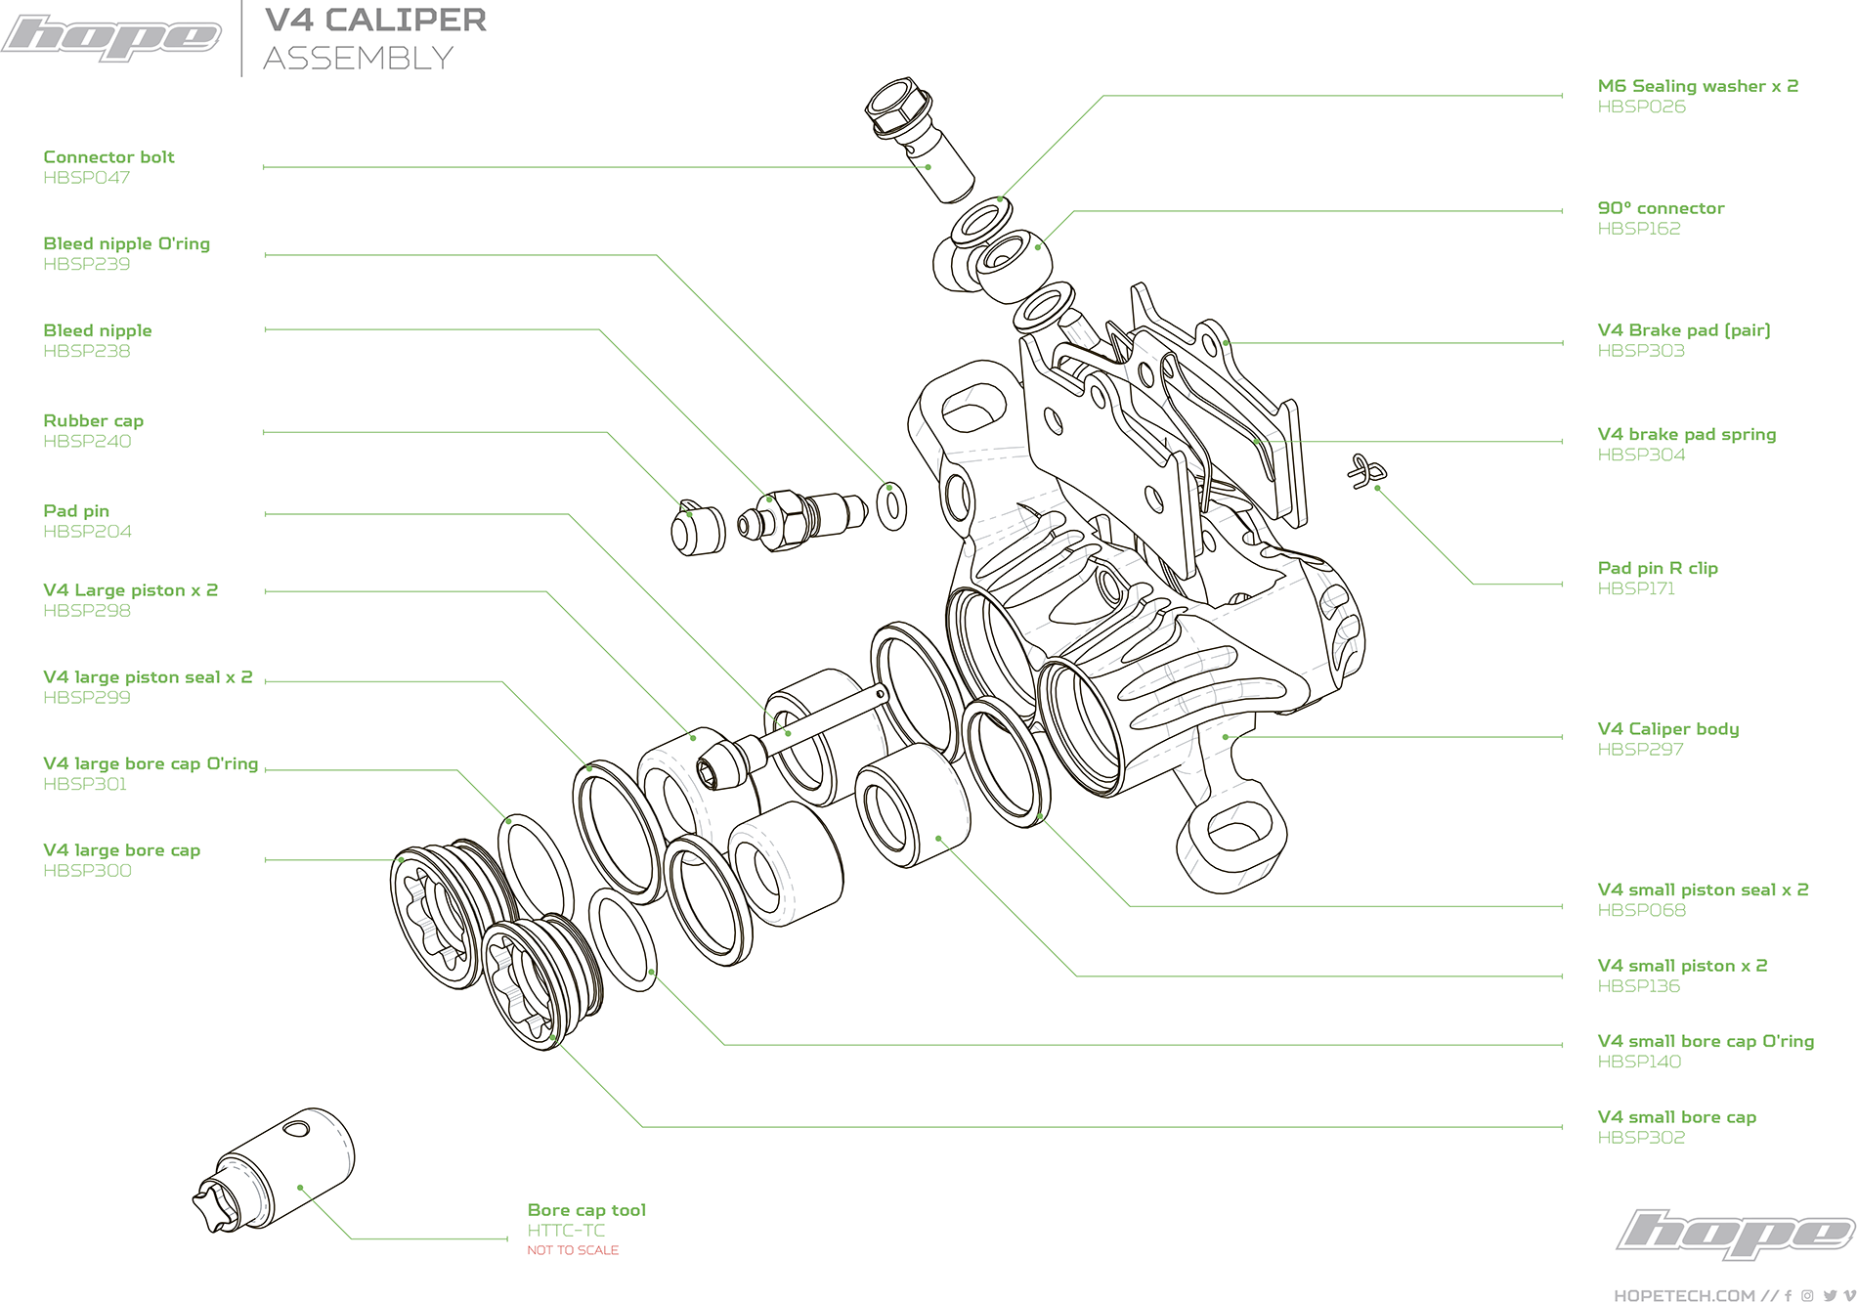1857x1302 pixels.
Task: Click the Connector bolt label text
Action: [108, 157]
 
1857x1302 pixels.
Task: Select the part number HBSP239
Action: [86, 264]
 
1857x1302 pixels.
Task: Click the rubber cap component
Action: [697, 529]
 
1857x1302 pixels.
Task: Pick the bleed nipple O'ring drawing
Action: [891, 505]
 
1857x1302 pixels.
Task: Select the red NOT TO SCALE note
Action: [573, 1250]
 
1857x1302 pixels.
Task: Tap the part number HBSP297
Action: [1640, 750]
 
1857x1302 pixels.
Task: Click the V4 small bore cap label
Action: [1676, 1117]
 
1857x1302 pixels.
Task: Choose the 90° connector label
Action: [1661, 208]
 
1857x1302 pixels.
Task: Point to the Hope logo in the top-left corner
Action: [110, 37]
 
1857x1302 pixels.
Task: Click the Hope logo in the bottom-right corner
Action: [1735, 1233]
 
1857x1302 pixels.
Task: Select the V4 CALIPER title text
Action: [375, 20]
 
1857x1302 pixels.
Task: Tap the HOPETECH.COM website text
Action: [1684, 1295]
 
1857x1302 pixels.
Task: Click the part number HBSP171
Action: [1636, 588]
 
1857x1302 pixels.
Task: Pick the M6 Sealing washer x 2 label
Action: [1698, 86]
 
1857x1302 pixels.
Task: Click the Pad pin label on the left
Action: [76, 511]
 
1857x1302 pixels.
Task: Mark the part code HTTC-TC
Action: [566, 1231]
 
